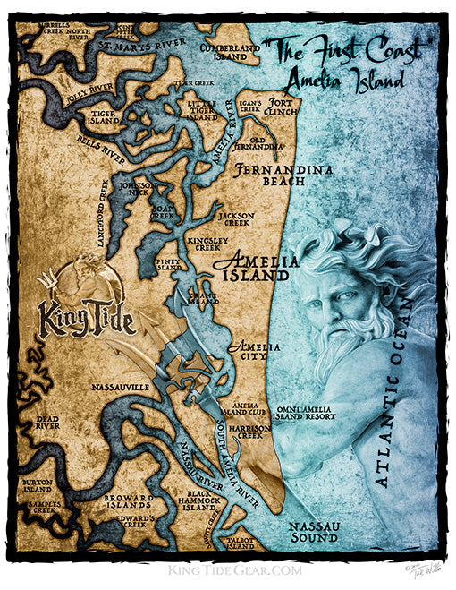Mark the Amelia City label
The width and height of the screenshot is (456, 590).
(249, 351)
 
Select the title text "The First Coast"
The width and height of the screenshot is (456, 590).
(335, 53)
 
